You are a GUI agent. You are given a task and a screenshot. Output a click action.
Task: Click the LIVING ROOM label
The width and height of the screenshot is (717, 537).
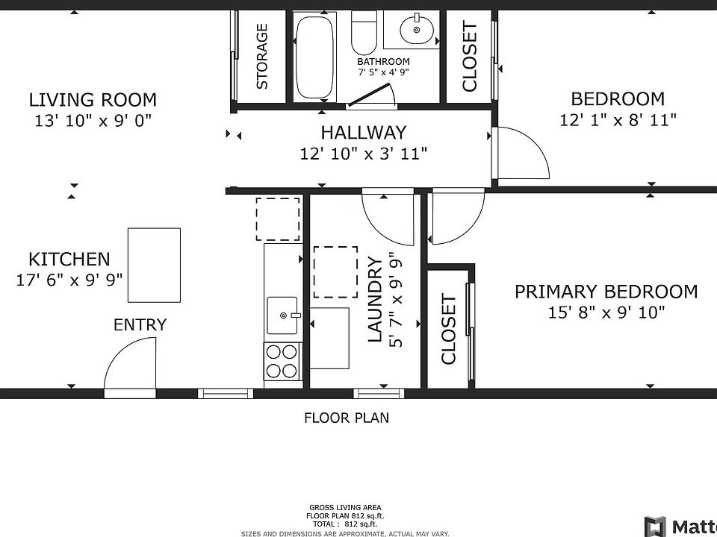click(93, 99)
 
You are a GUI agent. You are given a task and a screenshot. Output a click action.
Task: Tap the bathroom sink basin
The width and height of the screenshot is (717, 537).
click(416, 30)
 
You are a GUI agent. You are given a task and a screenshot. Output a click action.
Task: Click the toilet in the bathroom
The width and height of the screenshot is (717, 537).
click(364, 32)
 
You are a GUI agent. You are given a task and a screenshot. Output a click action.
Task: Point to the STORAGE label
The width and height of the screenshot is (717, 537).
click(262, 57)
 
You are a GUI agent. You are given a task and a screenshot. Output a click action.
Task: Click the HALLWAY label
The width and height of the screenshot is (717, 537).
click(364, 133)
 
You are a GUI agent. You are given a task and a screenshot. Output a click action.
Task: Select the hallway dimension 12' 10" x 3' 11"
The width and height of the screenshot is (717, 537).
click(364, 154)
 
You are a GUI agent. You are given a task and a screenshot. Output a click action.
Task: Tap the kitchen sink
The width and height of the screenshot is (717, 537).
click(283, 315)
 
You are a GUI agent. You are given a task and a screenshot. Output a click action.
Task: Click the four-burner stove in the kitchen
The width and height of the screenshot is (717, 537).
click(282, 361)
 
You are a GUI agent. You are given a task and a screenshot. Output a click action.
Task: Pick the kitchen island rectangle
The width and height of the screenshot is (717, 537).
click(154, 266)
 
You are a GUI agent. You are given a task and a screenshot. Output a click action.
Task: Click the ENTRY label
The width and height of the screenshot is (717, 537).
click(140, 324)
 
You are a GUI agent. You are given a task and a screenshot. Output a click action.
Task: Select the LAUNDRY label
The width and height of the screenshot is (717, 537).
click(375, 300)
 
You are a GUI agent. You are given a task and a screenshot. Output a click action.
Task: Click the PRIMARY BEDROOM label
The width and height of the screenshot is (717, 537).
click(606, 292)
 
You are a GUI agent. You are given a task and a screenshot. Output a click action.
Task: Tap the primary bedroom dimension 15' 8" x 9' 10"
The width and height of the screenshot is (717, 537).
click(606, 313)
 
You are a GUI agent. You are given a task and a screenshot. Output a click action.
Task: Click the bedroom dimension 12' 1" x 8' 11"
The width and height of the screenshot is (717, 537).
click(618, 120)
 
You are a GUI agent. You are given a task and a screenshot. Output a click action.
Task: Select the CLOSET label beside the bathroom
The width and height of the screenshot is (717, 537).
click(470, 57)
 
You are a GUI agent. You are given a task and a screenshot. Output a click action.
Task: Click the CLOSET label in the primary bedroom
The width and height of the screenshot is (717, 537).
click(449, 329)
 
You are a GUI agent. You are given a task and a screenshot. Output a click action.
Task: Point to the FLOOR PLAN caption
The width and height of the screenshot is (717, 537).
click(347, 418)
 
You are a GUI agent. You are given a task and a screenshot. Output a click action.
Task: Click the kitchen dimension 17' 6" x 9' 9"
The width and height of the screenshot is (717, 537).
click(69, 280)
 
